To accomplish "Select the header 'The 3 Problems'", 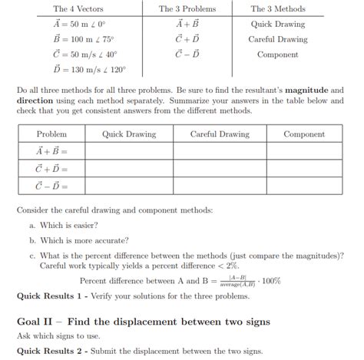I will pos(187,9).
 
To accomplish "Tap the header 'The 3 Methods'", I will pos(278,9).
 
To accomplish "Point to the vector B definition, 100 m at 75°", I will pos(78,39).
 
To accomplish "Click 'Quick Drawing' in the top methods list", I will pos(278,24).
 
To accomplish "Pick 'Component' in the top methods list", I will pos(278,54).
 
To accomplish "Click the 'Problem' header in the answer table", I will pos(51,134).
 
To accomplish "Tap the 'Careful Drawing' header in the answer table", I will pos(220,134).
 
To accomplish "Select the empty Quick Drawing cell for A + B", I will pos(129,151).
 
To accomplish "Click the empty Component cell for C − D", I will pos(305,185).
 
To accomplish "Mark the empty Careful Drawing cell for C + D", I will pos(220,168).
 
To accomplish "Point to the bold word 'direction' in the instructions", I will pos(38,101).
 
